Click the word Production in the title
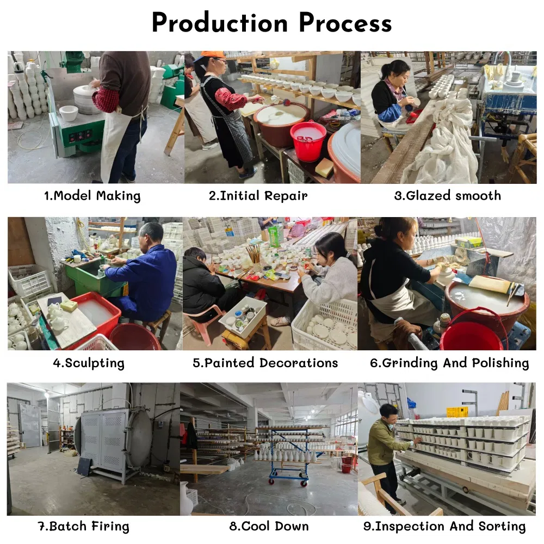[220, 23]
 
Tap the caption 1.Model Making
[92, 196]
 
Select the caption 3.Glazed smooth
[448, 196]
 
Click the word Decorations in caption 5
[299, 362]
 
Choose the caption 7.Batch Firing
[83, 526]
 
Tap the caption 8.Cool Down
[269, 526]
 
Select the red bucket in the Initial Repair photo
[308, 140]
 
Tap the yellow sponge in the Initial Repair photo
[324, 168]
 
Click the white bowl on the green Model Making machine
[69, 113]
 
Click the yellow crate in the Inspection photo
[457, 412]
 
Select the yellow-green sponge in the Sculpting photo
[69, 306]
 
